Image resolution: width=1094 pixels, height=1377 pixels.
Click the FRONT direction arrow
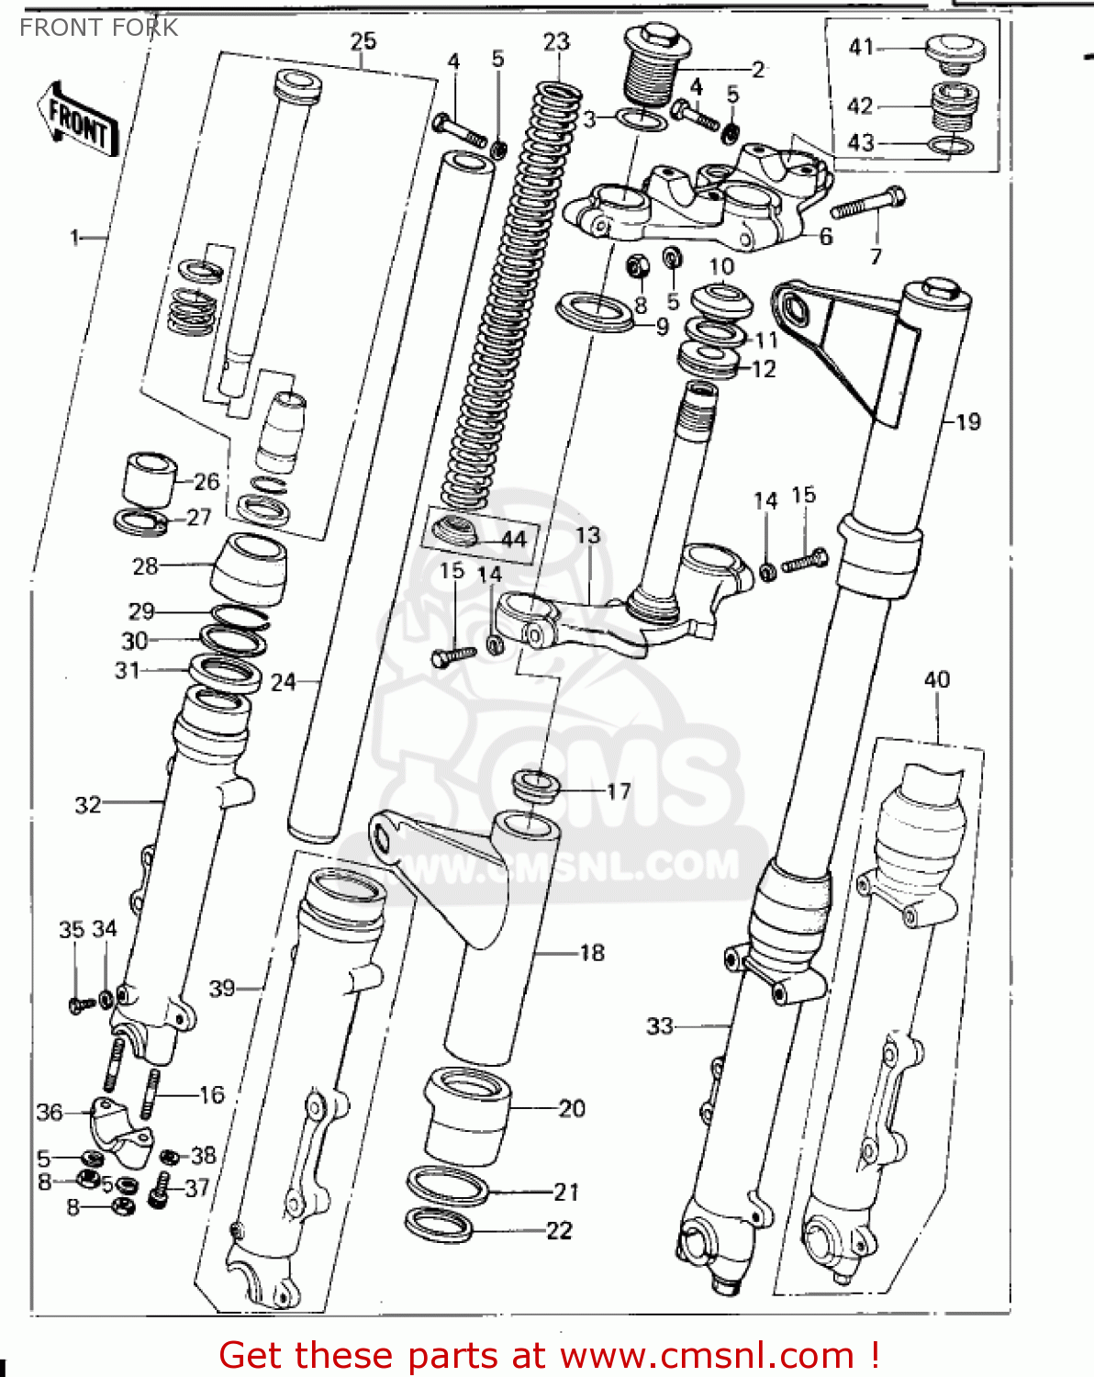point(78,120)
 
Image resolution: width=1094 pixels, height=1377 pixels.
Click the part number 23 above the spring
point(556,42)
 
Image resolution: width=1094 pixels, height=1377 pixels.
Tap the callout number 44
point(513,538)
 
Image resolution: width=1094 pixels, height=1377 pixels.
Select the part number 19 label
point(968,422)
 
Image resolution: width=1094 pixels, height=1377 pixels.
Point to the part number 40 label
point(936,680)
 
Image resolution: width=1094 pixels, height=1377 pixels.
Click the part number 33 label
point(660,1025)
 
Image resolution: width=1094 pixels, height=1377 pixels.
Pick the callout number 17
point(619,791)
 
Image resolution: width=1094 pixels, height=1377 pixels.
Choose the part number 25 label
point(363,41)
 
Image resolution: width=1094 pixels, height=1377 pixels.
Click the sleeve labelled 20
point(466,1115)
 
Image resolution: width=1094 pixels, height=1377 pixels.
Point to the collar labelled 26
point(149,477)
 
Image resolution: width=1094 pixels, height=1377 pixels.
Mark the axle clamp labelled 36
point(117,1127)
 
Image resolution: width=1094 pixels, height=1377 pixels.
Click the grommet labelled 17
point(536,787)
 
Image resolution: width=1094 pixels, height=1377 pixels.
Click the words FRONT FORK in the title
point(98,28)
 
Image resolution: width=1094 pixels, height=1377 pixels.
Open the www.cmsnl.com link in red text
point(707,1355)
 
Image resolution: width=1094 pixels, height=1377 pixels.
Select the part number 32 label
point(87,805)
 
